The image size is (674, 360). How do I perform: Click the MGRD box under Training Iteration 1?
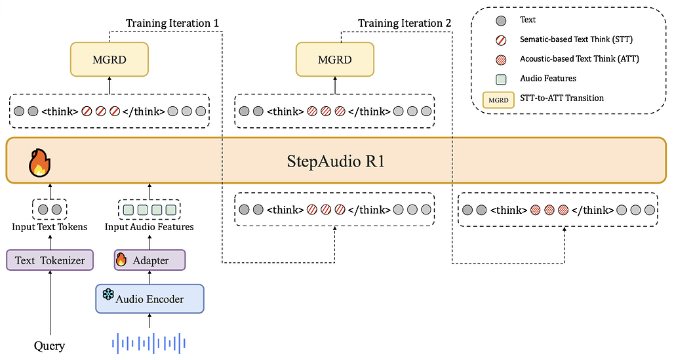tap(109, 60)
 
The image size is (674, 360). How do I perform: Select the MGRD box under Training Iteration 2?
tap(334, 60)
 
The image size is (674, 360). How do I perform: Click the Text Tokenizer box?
tap(50, 260)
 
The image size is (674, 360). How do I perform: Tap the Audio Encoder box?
tap(150, 298)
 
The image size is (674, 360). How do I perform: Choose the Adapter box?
tap(150, 260)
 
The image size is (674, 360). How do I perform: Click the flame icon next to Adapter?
tap(121, 260)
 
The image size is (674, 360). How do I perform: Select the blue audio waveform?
tap(150, 342)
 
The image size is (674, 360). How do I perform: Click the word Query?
tap(50, 346)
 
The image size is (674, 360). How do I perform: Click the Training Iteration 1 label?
tap(172, 24)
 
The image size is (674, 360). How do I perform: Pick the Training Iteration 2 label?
tap(405, 24)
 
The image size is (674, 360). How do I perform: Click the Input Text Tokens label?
tap(50, 227)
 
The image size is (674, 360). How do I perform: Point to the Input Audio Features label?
tap(149, 227)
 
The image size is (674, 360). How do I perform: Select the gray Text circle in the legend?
tap(502, 20)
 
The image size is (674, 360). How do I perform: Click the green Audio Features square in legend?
tap(502, 79)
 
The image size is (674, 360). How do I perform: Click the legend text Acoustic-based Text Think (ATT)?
tap(579, 59)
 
